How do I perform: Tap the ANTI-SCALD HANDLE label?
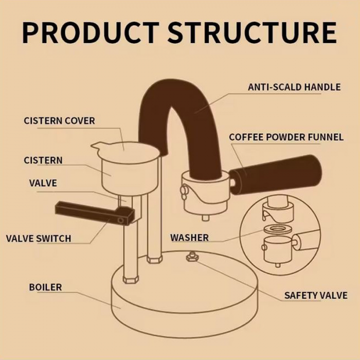tap(294, 87)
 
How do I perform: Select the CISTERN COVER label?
tap(59, 121)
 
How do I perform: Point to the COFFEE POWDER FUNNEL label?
tap(286, 137)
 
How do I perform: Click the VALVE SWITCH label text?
tap(39, 239)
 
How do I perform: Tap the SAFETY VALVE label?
tap(315, 296)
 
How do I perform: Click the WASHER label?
tap(189, 238)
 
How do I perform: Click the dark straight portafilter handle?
tap(275, 175)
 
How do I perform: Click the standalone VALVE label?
tap(43, 183)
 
